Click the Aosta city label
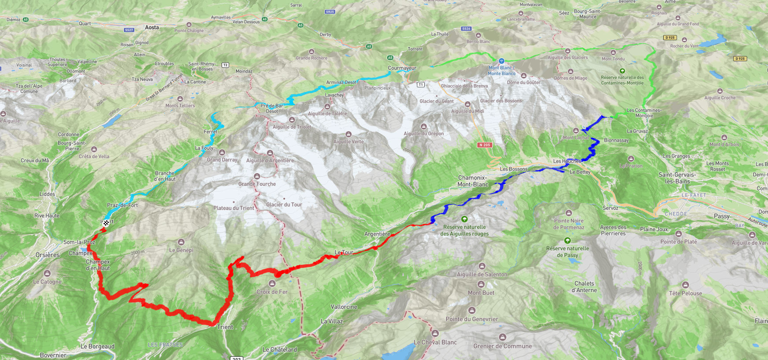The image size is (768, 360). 152,27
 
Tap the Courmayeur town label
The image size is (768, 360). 402,68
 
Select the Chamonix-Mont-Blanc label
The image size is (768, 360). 473,181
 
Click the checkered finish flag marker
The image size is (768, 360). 106,223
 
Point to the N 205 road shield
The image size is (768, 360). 484,145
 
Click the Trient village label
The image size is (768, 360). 225,327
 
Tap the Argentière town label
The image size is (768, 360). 377,234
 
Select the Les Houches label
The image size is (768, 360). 567,161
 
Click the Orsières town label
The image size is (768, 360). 48,255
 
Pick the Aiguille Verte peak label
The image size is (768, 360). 349,141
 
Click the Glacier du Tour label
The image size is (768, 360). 284,204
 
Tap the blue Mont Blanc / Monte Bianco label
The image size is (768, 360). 501,71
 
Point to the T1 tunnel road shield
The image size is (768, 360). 421,85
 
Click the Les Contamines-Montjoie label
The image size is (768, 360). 644,113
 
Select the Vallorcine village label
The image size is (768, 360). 344,307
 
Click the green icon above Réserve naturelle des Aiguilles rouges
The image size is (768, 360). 464,219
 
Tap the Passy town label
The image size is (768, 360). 722,216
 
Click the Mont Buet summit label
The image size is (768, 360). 481,293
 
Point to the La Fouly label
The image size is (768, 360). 204,148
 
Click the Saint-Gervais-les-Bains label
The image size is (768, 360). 677,178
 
